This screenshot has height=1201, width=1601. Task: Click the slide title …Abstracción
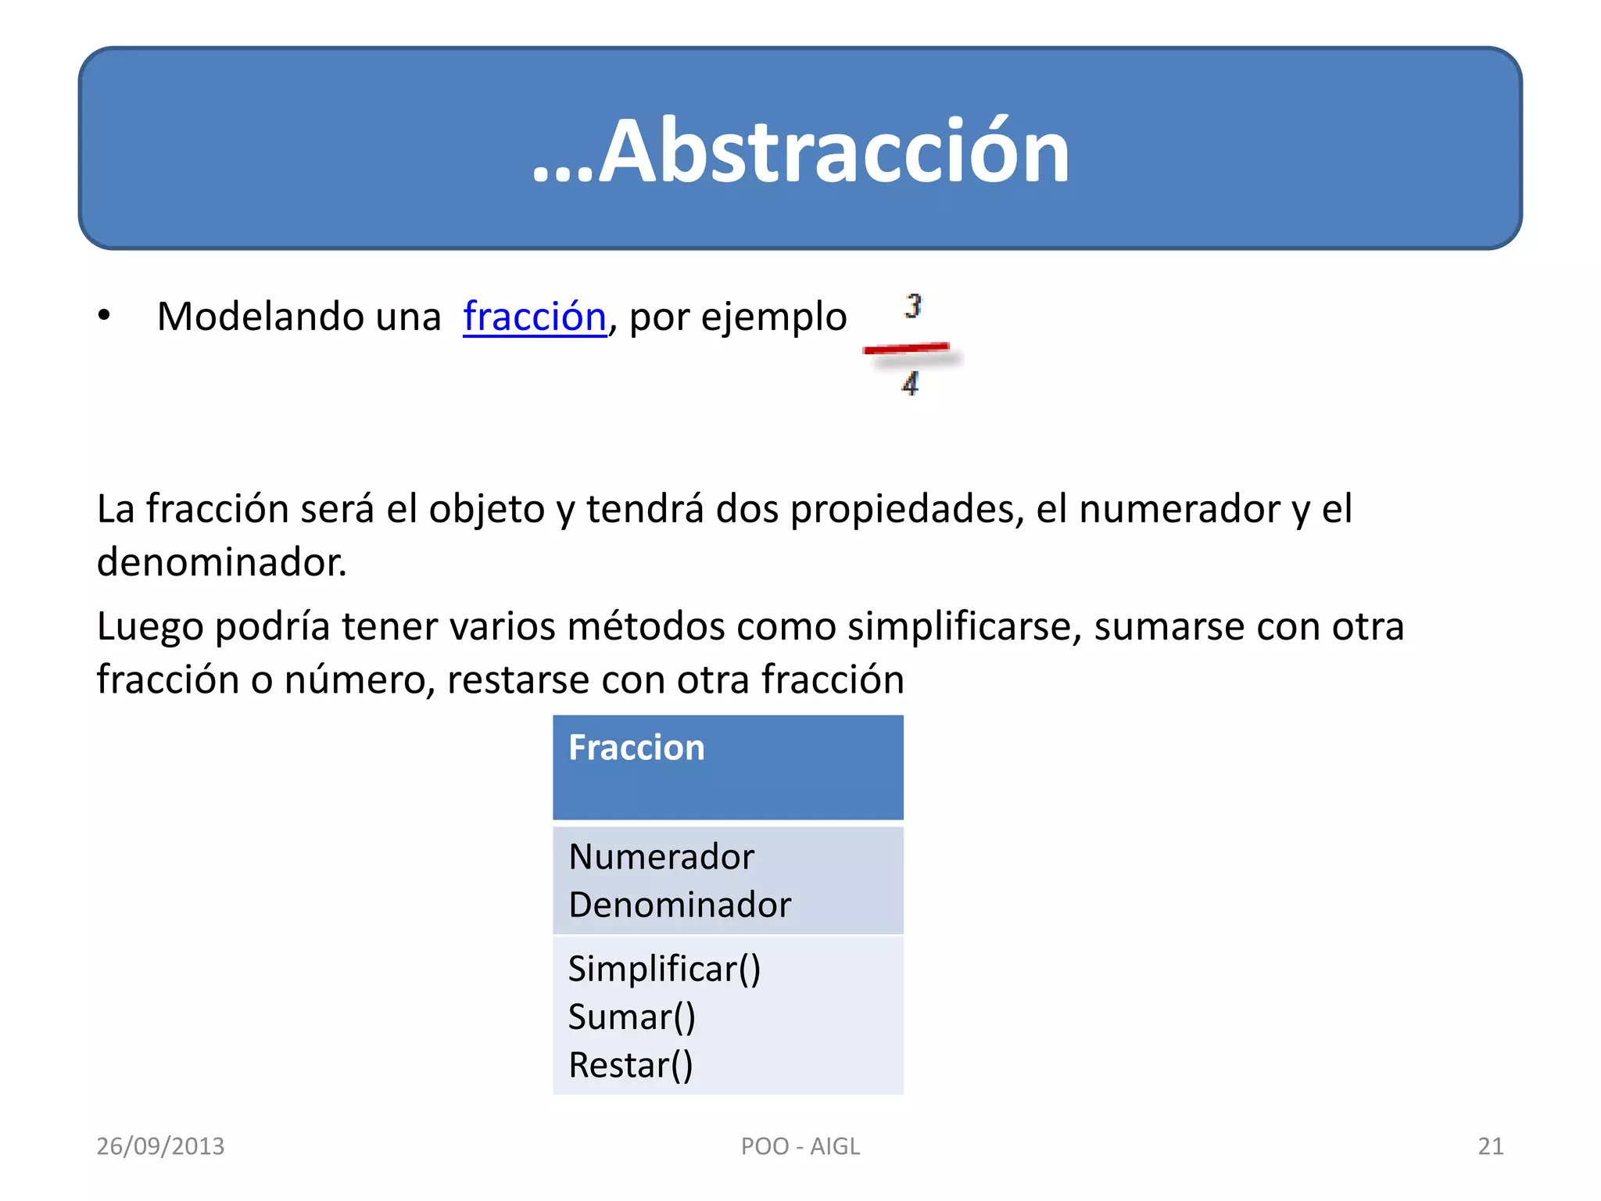(x=800, y=150)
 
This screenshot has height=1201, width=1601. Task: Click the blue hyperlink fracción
(x=535, y=317)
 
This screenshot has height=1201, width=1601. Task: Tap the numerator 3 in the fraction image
(x=913, y=305)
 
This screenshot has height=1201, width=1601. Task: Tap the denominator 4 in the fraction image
(x=910, y=383)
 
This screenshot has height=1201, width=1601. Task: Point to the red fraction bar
(x=907, y=349)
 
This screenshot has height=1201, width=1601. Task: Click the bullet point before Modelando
(x=104, y=317)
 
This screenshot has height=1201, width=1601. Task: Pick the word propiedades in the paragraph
(x=907, y=510)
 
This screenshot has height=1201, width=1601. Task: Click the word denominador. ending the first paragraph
(x=221, y=562)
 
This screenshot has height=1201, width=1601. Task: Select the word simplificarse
(x=964, y=627)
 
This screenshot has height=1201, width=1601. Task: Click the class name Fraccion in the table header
(x=636, y=747)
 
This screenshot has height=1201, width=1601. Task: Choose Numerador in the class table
(x=661, y=857)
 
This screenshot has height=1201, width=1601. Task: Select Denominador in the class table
(x=680, y=905)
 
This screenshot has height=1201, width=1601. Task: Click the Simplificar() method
(x=664, y=970)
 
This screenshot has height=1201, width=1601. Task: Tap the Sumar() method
(x=632, y=1017)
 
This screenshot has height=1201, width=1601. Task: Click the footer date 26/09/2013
(x=160, y=1146)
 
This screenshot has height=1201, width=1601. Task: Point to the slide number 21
(x=1490, y=1146)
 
